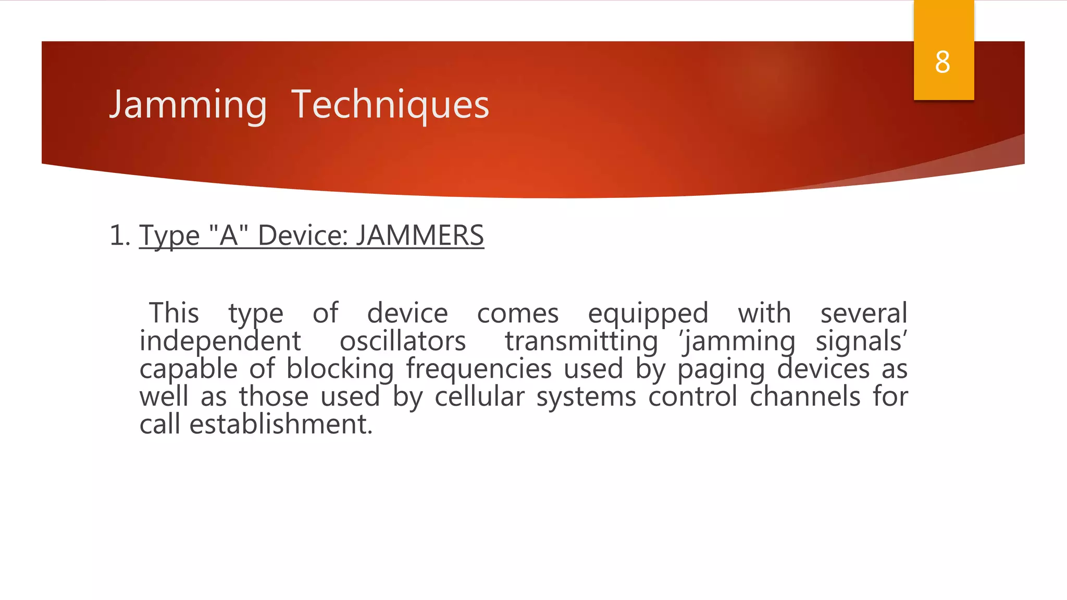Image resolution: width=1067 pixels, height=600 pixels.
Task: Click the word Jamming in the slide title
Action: click(188, 105)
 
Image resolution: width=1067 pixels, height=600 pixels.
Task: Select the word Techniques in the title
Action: click(390, 105)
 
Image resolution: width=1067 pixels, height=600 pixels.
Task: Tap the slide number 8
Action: click(942, 63)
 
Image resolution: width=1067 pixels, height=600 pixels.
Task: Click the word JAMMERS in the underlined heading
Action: click(420, 235)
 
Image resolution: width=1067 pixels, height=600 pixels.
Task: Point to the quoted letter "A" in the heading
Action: click(228, 235)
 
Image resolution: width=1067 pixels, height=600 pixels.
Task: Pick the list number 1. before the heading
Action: click(120, 235)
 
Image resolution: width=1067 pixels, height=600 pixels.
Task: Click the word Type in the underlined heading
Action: click(169, 235)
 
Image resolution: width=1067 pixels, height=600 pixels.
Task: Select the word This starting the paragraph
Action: click(174, 314)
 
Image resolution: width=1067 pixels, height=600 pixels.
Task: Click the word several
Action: click(864, 314)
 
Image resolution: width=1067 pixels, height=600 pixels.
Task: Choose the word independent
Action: click(220, 342)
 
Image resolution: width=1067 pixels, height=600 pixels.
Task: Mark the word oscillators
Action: click(403, 342)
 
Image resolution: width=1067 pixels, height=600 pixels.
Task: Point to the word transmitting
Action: click(581, 342)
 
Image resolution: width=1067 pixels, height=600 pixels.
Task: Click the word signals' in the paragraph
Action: click(861, 342)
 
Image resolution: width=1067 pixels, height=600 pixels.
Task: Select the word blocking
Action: click(340, 370)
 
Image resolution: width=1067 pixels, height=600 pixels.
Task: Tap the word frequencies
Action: click(479, 370)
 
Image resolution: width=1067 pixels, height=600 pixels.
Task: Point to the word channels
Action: click(805, 397)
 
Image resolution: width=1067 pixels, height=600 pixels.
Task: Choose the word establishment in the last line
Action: click(281, 424)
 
